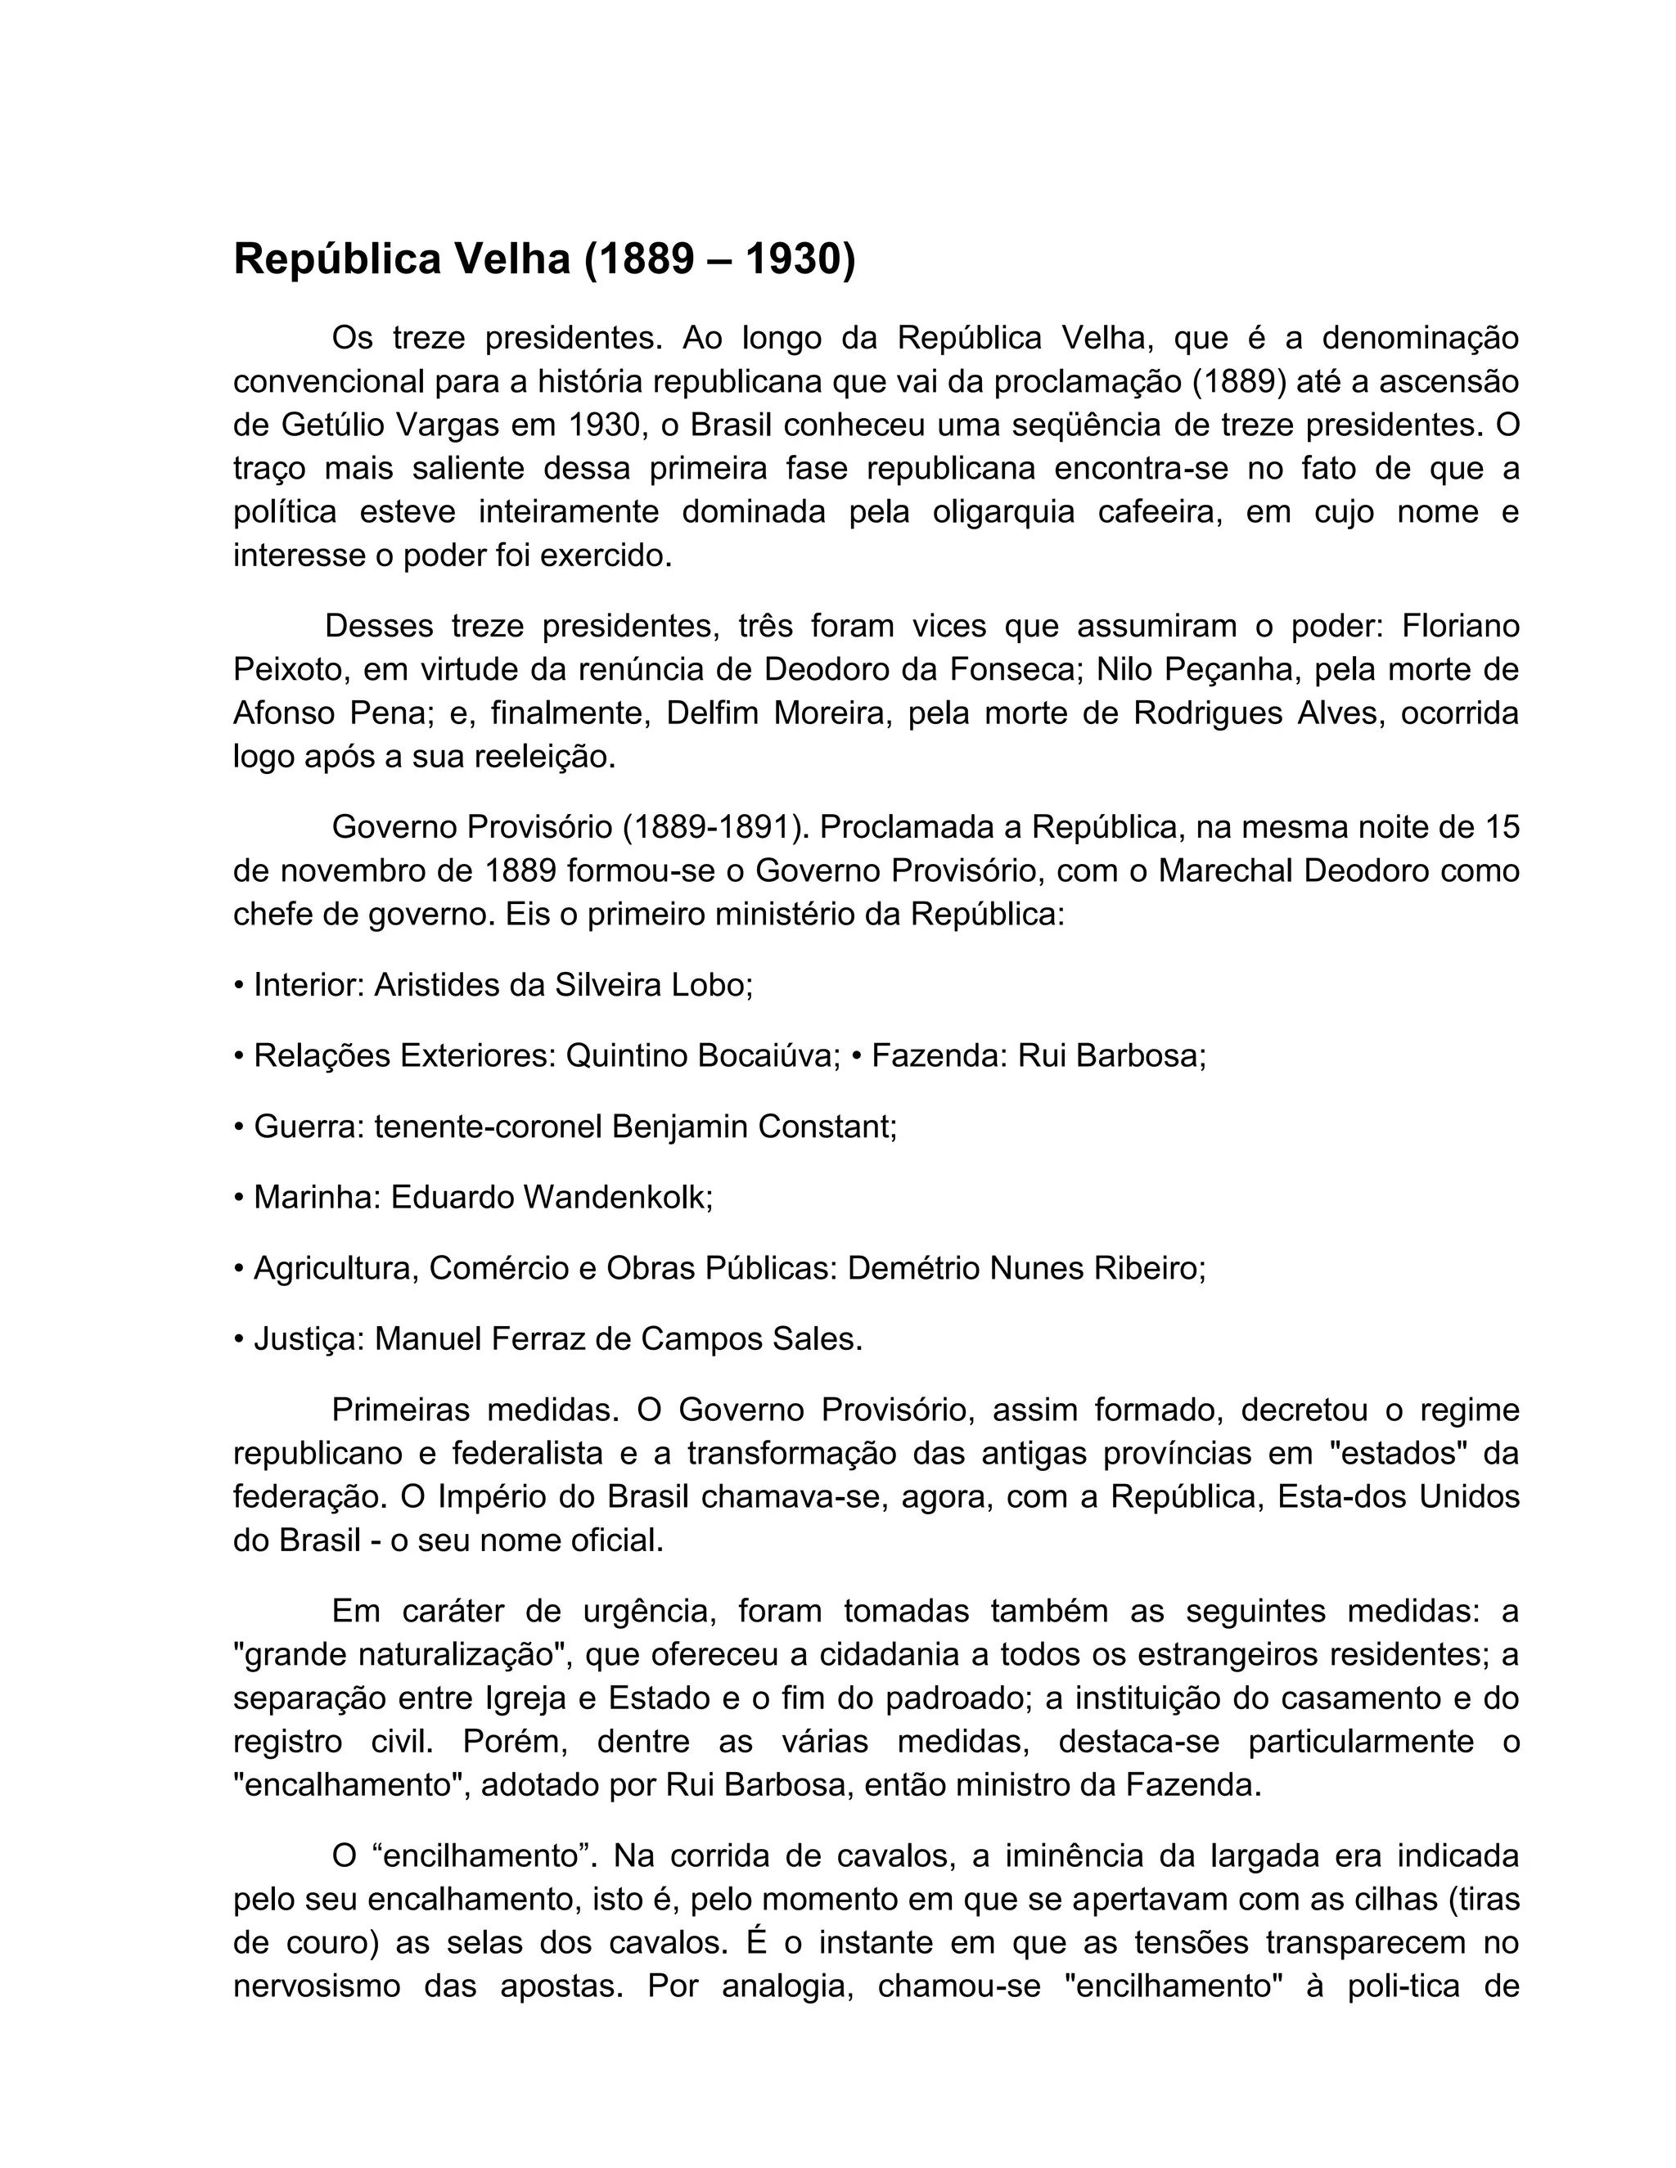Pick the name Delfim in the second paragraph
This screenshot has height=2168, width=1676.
click(710, 713)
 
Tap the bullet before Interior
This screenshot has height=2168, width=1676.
click(238, 986)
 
